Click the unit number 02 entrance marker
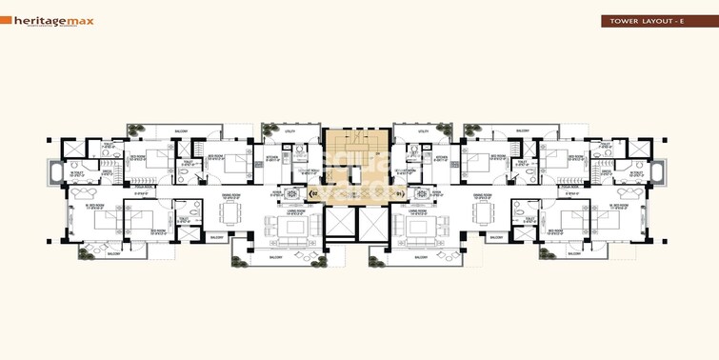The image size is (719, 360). (315, 194)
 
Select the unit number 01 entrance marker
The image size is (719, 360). (399, 194)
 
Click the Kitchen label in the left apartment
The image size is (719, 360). (271, 158)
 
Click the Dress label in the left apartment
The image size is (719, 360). (108, 171)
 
